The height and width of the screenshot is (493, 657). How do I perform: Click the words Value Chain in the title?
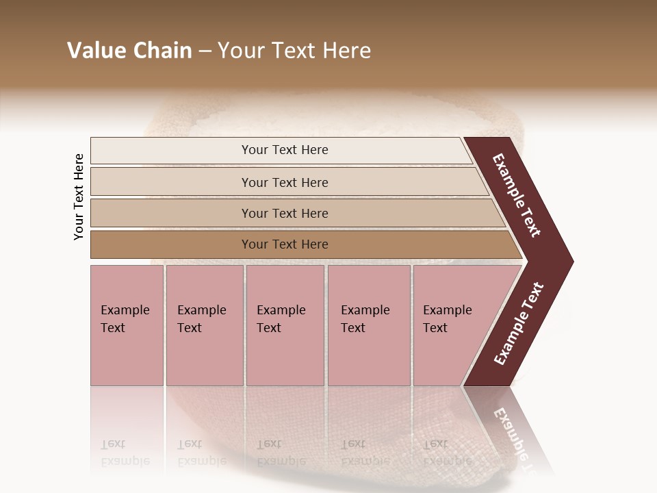point(129,51)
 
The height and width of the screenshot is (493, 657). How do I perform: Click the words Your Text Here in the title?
point(294,51)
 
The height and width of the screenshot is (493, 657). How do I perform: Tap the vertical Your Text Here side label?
point(79,197)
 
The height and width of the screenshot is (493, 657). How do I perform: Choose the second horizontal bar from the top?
point(284,182)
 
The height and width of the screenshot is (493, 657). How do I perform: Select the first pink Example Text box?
point(127,325)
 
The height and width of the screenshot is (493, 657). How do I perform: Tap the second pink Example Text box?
point(204,325)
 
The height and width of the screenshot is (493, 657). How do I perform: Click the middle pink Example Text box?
point(285,325)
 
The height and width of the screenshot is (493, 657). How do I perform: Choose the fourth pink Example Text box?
point(369,325)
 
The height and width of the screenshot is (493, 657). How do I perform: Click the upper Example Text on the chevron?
point(517,195)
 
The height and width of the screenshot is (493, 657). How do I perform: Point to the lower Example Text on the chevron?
point(519,323)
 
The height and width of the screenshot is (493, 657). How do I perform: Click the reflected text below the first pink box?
point(125,452)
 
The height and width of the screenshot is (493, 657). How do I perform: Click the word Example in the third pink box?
point(281,310)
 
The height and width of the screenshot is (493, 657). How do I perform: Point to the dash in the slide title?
point(205,51)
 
